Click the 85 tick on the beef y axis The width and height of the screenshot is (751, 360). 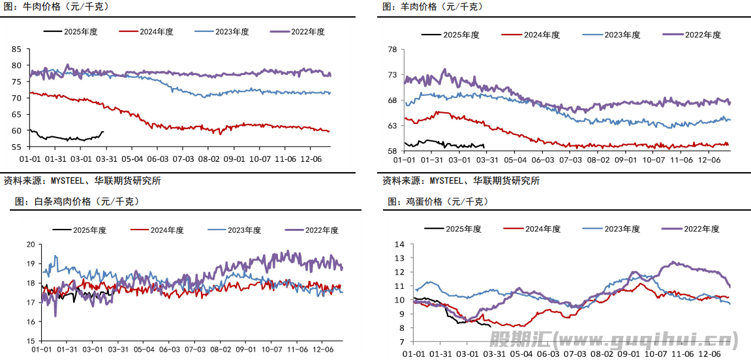16,49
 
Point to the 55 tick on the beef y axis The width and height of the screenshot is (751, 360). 16,147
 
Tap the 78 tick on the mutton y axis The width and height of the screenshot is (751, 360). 392,49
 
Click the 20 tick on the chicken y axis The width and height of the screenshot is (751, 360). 29,245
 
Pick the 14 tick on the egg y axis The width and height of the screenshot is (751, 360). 401,244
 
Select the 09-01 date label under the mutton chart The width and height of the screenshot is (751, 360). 626,159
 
